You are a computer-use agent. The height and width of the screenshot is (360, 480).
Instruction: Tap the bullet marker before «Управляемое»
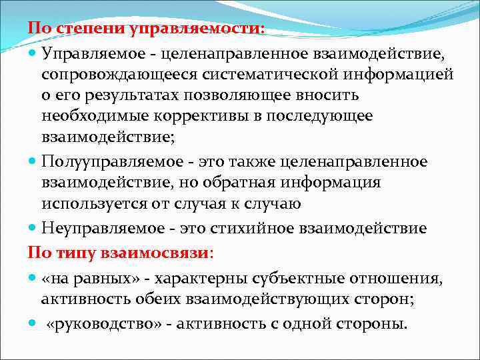[x=33, y=52]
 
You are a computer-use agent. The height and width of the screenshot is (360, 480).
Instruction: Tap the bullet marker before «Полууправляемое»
[x=33, y=163]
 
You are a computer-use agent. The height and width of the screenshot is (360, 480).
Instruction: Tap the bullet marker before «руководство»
[x=33, y=324]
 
